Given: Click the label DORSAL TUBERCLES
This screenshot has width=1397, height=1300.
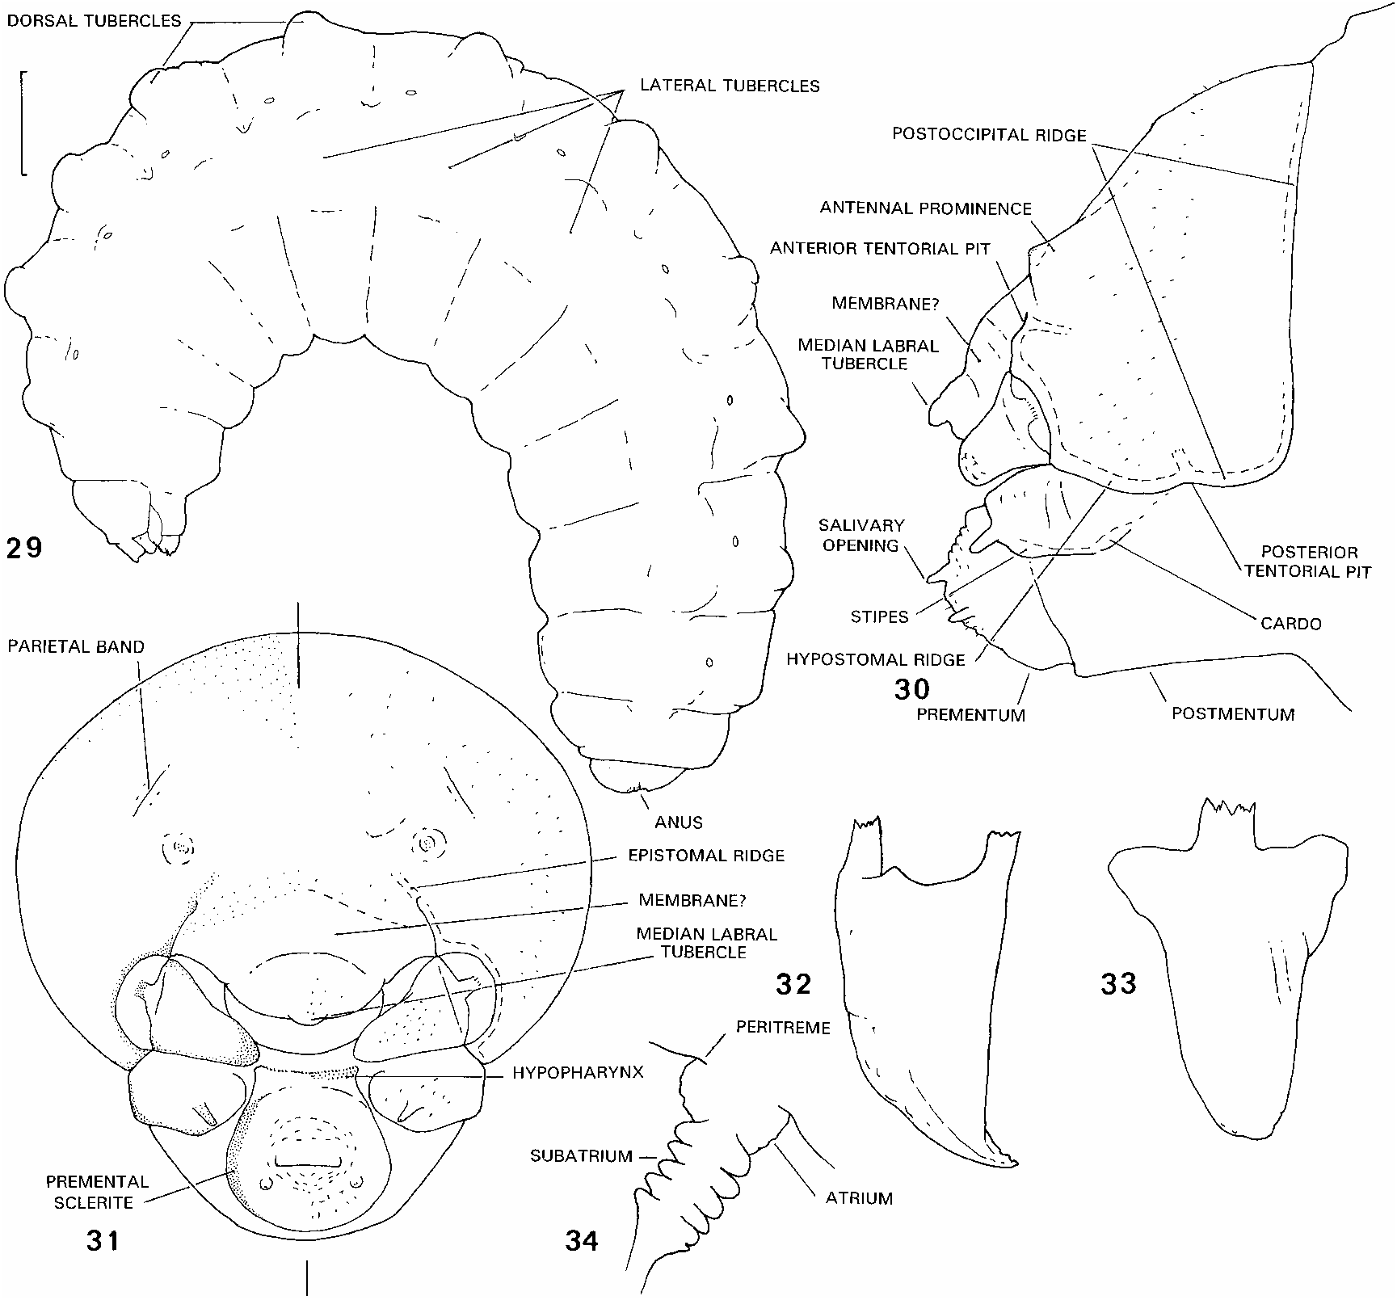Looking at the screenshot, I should coord(94,21).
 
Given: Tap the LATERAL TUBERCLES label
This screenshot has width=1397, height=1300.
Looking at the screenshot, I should coord(730,86).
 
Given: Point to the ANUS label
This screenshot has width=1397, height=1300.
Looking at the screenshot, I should coord(680,822).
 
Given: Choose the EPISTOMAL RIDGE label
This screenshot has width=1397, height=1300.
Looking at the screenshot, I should coord(706,855).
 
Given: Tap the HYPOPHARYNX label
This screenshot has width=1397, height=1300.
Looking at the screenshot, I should coord(578,1075).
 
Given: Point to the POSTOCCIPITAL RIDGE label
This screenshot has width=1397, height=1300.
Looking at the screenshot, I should coord(989,135).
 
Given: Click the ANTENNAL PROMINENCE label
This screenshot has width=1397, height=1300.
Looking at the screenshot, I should coord(926,208).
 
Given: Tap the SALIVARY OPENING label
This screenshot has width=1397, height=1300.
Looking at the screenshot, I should coord(861,535).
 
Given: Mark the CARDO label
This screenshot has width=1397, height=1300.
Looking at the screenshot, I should coord(1290,624).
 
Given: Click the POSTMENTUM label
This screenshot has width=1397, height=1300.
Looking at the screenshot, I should coord(1233,714).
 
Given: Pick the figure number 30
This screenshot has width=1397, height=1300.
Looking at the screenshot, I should coord(912,689).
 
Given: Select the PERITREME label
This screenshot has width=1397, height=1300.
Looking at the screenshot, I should coord(783,1028).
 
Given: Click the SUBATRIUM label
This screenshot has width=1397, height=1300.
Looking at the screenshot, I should coord(581,1156).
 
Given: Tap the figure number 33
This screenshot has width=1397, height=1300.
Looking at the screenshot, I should coord(1119,983).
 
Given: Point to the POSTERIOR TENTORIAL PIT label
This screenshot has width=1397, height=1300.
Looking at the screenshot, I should coord(1307,562).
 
